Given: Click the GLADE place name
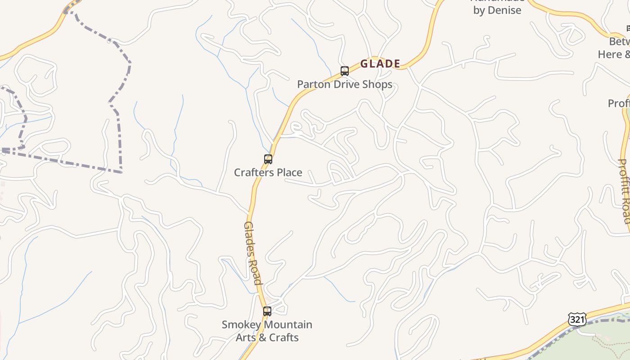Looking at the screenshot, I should coord(380,64).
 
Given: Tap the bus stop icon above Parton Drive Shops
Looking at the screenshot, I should coord(345,71).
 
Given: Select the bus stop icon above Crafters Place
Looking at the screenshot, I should coord(268,159).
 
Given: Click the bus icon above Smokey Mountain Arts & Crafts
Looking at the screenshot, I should coord(267,311).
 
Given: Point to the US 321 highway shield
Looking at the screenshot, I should coord(577,319).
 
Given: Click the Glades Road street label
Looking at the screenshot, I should coord(253,253).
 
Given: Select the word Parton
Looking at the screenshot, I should coord(314,85).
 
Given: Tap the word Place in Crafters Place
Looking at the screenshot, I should coord(289,172).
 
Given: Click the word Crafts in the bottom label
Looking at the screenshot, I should coord(285,337).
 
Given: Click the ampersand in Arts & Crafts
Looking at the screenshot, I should coord(265,337).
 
